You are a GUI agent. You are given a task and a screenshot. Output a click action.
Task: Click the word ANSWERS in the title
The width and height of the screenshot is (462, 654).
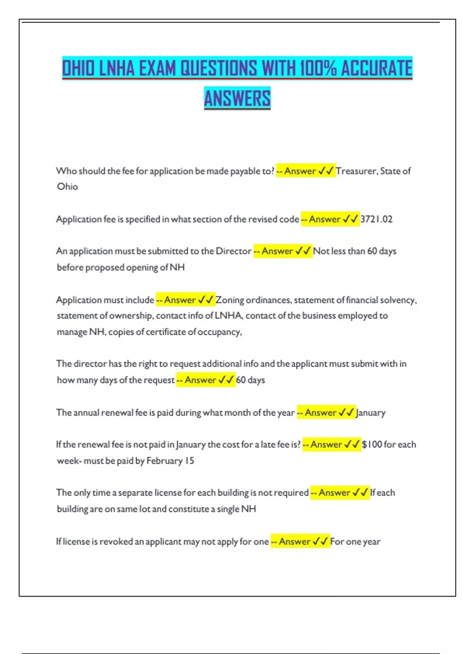pyautogui.click(x=237, y=98)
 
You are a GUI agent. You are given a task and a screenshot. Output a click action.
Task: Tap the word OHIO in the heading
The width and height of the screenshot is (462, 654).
pyautogui.click(x=78, y=69)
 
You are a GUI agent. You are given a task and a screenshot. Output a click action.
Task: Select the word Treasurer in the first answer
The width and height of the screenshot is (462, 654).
pyautogui.click(x=356, y=171)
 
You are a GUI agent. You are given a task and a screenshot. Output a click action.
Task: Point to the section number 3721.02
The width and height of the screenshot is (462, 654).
pyautogui.click(x=376, y=219)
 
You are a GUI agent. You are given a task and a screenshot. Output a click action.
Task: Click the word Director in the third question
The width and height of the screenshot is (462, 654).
pyautogui.click(x=233, y=251)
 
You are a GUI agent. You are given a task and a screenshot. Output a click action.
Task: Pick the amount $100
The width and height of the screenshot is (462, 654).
pyautogui.click(x=372, y=445)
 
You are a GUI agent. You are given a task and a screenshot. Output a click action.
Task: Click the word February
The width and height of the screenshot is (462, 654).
pyautogui.click(x=164, y=461)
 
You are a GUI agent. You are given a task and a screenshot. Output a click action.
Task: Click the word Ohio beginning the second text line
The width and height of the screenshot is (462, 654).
pyautogui.click(x=67, y=187)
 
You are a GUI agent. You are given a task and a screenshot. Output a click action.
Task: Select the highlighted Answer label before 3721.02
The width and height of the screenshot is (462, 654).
pyautogui.click(x=325, y=219)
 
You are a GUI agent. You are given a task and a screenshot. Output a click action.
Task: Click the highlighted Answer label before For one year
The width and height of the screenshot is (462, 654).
pyautogui.click(x=295, y=542)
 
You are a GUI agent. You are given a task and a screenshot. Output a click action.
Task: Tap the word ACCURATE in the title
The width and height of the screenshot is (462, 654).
pyautogui.click(x=377, y=69)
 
